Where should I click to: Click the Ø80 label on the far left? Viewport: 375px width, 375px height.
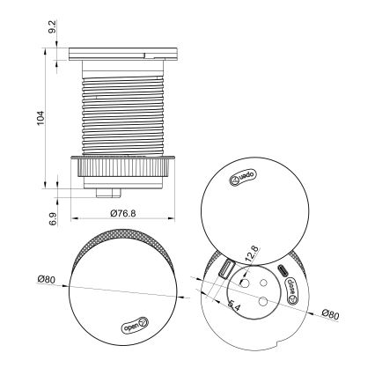pyautogui.click(x=47, y=281)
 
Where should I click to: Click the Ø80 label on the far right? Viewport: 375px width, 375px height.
pyautogui.click(x=331, y=314)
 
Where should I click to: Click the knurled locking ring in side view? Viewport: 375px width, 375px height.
pyautogui.click(x=122, y=164)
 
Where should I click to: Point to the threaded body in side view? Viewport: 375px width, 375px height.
pyautogui.click(x=122, y=110)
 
